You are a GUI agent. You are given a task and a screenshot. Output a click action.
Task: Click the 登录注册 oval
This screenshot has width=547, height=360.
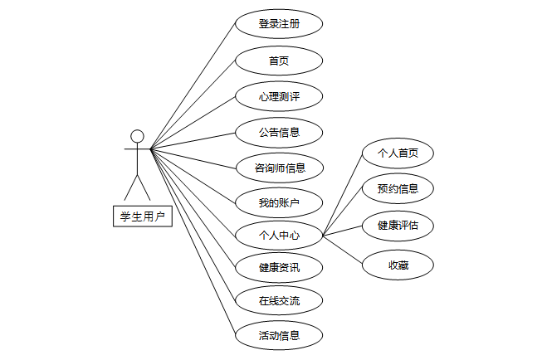[278, 24]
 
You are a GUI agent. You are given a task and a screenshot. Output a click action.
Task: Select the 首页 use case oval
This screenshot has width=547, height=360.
[278, 61]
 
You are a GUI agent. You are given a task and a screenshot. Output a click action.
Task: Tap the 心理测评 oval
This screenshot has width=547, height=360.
[278, 96]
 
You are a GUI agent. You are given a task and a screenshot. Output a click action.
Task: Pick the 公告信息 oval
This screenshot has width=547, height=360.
[278, 132]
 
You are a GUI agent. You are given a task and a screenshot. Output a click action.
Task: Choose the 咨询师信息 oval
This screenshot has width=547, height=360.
[278, 168]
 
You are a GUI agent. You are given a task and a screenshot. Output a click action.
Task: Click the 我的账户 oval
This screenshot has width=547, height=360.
[278, 202]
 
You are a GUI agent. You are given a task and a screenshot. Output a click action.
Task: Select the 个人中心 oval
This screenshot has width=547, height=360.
[278, 236]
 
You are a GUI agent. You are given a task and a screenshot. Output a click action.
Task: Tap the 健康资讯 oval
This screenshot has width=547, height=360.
[278, 268]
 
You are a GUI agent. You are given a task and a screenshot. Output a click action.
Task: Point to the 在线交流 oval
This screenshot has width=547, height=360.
[278, 301]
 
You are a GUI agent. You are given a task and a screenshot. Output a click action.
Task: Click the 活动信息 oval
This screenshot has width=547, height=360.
[278, 335]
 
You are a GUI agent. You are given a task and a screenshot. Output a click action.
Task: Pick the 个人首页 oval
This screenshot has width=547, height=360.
[398, 153]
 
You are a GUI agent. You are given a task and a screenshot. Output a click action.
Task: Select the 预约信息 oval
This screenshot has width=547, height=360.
[398, 189]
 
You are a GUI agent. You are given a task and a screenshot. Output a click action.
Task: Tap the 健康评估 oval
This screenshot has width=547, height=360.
[398, 225]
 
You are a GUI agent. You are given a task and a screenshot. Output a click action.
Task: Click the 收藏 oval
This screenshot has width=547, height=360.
[398, 265]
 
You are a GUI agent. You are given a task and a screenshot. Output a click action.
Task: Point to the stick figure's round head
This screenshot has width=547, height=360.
[138, 136]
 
